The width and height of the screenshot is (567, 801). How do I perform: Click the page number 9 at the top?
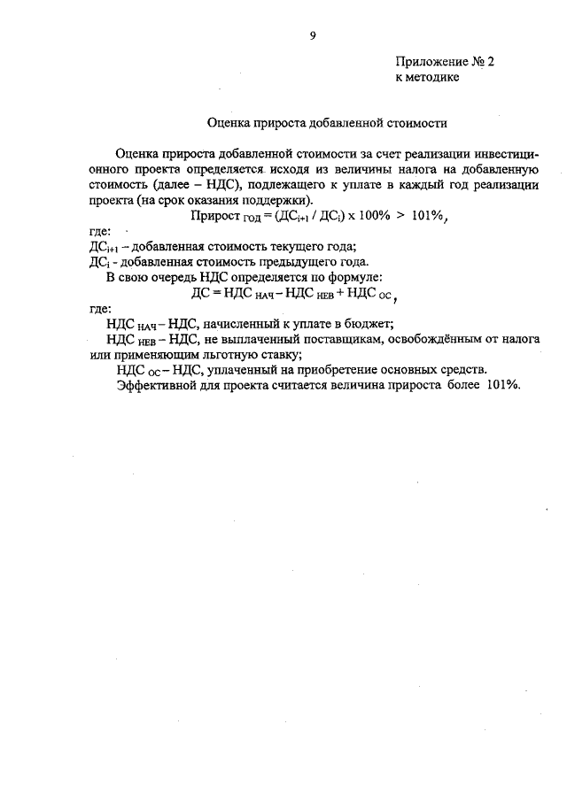pos(312,35)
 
